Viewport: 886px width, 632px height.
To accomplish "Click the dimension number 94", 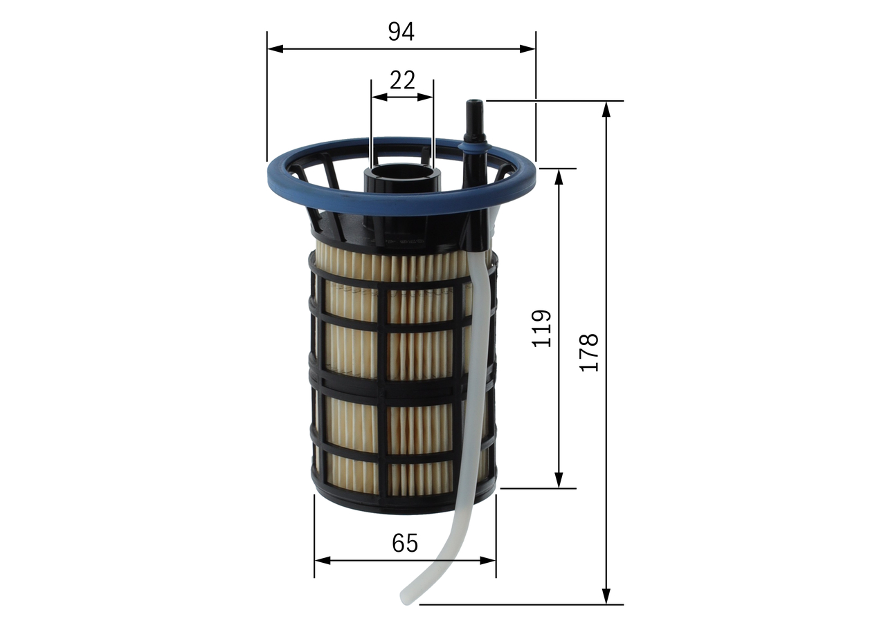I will (x=401, y=31).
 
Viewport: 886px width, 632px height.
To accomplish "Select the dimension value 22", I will (x=402, y=81).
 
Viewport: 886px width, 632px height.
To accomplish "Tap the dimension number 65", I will (x=405, y=543).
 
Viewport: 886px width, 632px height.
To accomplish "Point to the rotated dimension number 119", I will (x=542, y=328).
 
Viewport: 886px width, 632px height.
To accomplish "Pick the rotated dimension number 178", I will (x=588, y=353).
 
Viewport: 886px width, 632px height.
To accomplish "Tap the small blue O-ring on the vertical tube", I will (x=474, y=146).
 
